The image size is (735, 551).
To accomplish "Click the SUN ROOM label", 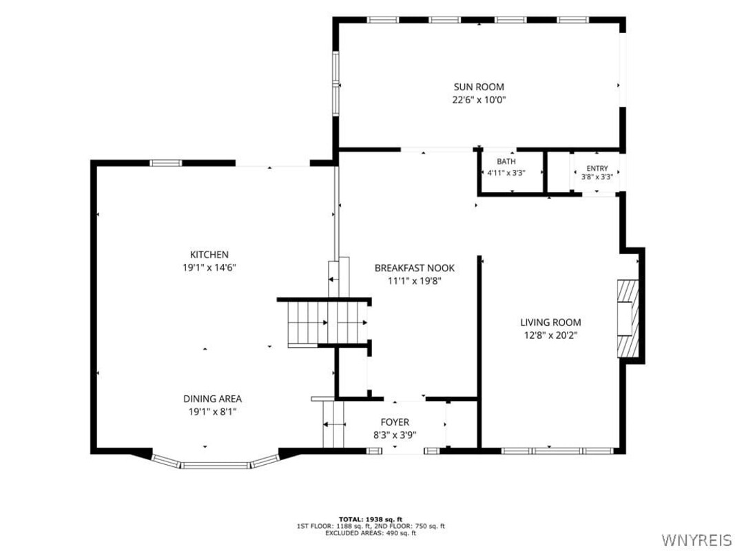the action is point(479,87).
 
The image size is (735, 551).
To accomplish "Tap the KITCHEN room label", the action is point(209,254).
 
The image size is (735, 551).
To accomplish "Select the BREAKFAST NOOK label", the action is point(415,268).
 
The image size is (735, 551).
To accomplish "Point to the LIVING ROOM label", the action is point(550,322).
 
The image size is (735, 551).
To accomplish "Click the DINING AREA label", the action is point(212,399).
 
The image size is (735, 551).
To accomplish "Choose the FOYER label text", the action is point(395,422).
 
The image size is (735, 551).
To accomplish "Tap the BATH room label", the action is point(506,162).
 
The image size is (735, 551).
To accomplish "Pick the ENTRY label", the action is point(597,168).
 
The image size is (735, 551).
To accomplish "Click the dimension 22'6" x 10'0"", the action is point(479,100).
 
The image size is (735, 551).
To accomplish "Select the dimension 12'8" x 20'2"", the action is point(550,335).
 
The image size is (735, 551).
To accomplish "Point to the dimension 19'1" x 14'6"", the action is point(209,268).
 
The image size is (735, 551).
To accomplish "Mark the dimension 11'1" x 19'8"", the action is point(415,281).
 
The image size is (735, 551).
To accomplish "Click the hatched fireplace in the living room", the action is point(628,319).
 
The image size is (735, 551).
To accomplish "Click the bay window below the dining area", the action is point(216,463).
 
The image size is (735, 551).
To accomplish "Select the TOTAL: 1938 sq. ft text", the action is point(371,519).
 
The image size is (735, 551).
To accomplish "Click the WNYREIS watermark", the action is point(696,539).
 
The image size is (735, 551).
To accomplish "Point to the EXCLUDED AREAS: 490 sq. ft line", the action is point(371,533).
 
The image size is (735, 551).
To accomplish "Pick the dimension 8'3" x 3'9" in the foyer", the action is point(395,435).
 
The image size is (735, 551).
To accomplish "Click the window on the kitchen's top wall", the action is point(165,163).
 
